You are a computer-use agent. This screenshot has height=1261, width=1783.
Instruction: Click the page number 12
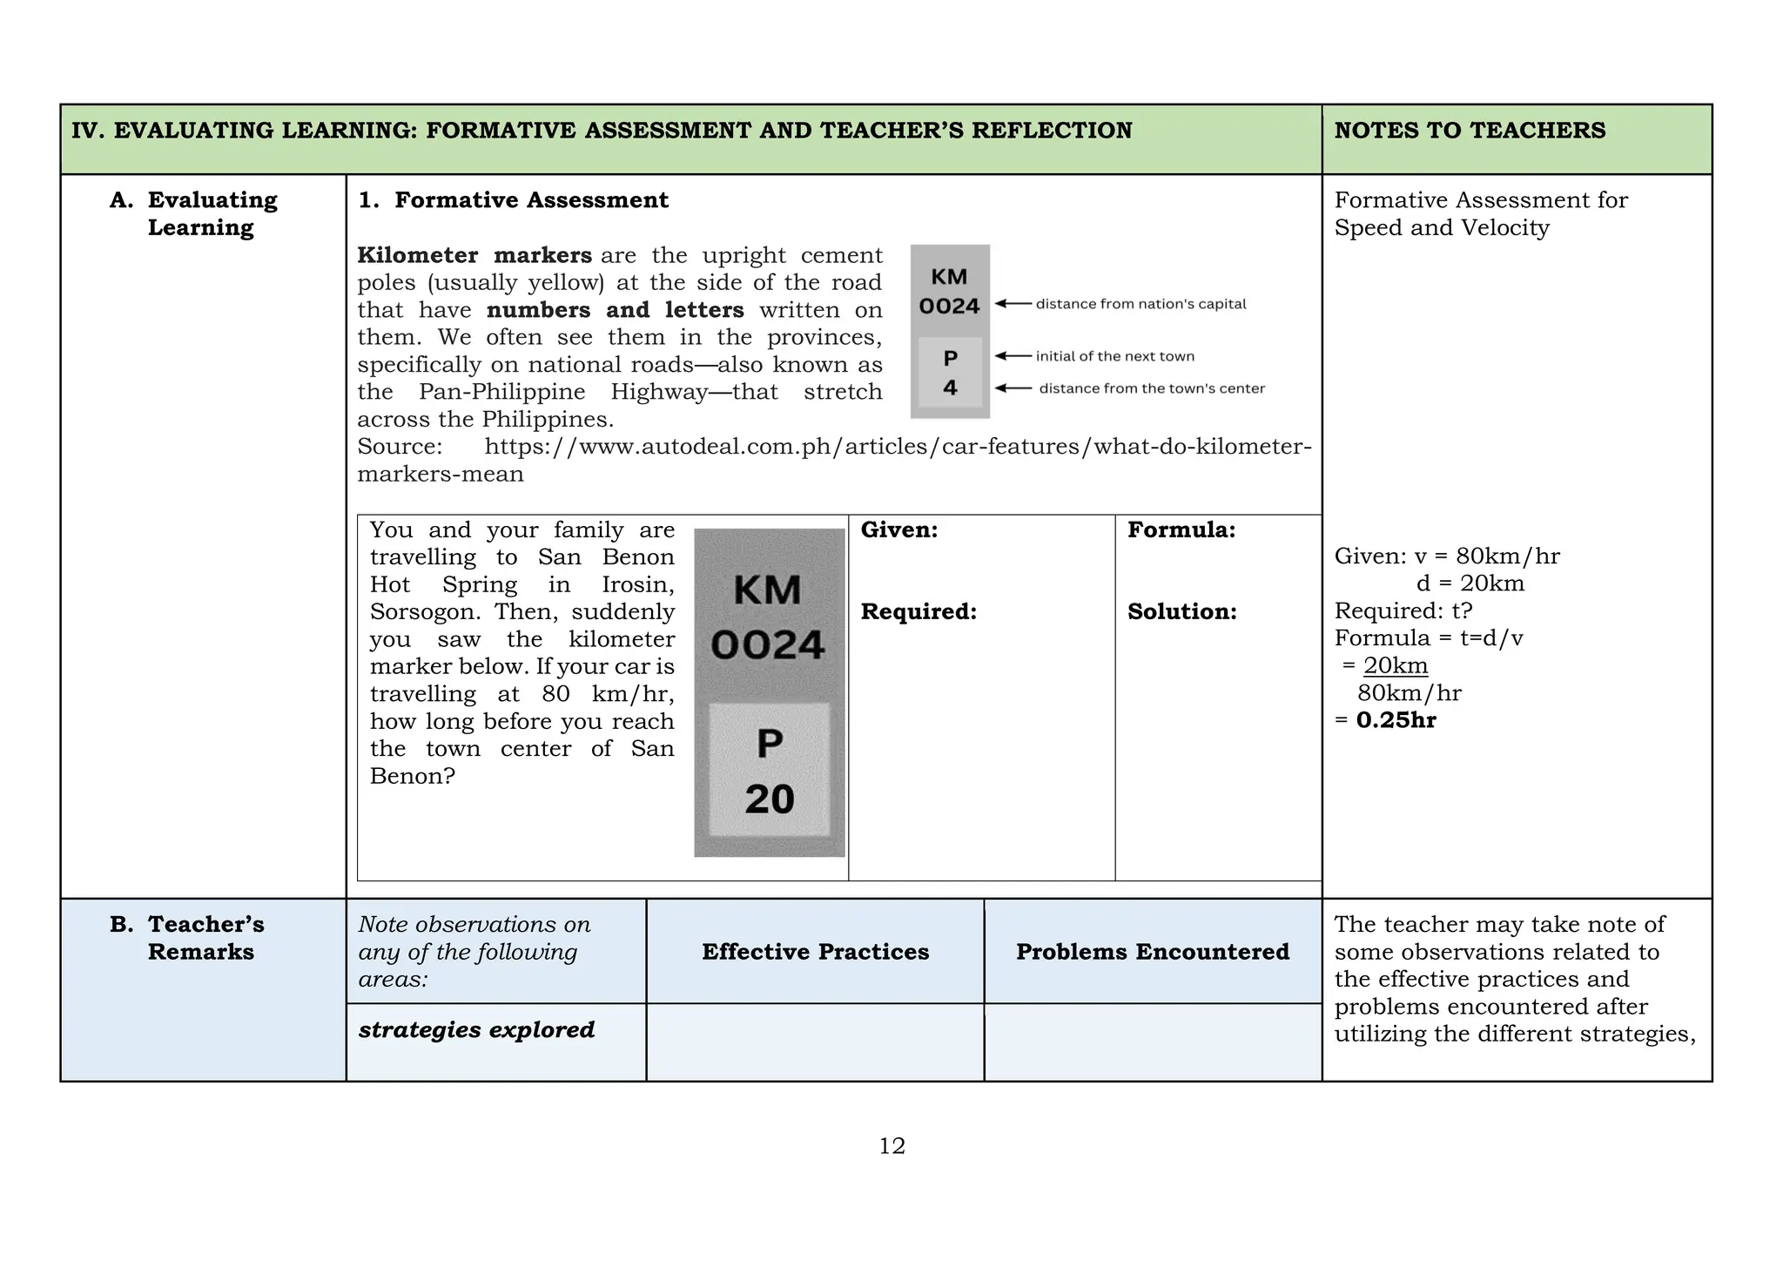coord(891,1146)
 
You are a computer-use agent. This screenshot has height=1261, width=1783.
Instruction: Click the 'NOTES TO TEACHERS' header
coord(1470,131)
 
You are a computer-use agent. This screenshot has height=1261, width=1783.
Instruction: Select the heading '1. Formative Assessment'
coord(514,200)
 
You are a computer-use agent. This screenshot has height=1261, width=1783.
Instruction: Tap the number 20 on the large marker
coord(770,799)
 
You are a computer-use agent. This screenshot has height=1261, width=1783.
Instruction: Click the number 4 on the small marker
coord(950,388)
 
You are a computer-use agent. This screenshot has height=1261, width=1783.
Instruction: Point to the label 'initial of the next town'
coord(1114,356)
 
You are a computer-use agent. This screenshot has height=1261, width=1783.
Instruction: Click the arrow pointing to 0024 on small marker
coord(1013,304)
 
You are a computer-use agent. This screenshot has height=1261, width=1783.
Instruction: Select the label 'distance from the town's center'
coord(1151,388)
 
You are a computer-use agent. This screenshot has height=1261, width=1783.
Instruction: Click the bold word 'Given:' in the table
coord(899,530)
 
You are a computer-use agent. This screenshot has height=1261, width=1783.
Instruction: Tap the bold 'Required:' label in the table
coord(918,612)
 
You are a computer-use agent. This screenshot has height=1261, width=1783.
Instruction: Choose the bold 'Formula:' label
coord(1181,530)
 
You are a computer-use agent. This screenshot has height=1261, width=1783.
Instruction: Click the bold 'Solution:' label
coord(1181,612)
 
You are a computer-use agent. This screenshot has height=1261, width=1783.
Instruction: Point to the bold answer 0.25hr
coord(1396,720)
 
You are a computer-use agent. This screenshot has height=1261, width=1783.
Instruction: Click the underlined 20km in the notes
coord(1396,666)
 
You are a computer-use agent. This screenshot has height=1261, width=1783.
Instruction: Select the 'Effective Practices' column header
coord(815,952)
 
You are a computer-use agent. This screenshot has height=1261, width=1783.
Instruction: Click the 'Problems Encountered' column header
coord(1153,952)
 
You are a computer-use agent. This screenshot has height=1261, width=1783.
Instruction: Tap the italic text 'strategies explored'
coord(476,1030)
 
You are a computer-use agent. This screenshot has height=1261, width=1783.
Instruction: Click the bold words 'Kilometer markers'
coord(474,256)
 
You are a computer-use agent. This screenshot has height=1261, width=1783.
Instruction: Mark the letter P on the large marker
coord(770,744)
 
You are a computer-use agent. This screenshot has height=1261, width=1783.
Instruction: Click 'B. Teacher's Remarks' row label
coord(200,938)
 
